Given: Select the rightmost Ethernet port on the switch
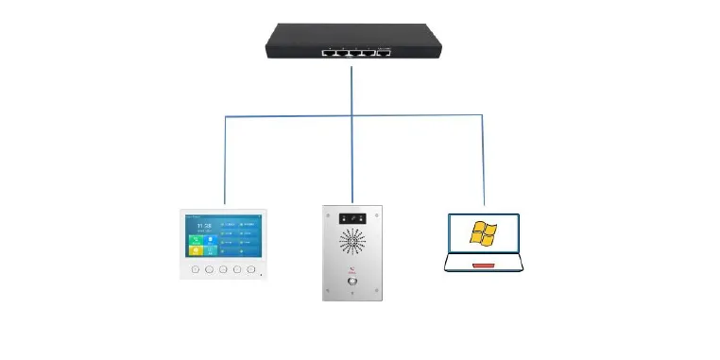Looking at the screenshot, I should click(383, 52).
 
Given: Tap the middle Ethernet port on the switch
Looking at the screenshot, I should click(354, 52).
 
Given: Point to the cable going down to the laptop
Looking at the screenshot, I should click(483, 161).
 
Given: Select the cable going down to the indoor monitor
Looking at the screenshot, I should click(225, 161).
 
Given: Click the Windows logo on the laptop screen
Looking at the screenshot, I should click(483, 233).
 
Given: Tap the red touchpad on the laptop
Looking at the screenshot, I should click(483, 266).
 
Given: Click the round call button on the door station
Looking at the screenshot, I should click(351, 281).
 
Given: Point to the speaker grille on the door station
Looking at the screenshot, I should click(351, 242).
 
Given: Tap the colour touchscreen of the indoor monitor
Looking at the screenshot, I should click(223, 236).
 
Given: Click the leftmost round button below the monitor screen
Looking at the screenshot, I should click(194, 269).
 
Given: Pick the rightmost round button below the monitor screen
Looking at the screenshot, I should click(251, 269).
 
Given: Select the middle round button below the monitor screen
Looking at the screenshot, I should click(223, 269).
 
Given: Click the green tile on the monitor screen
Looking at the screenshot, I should click(195, 241).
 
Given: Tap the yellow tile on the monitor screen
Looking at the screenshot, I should click(195, 251).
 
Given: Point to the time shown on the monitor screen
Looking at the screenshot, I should click(203, 227).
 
